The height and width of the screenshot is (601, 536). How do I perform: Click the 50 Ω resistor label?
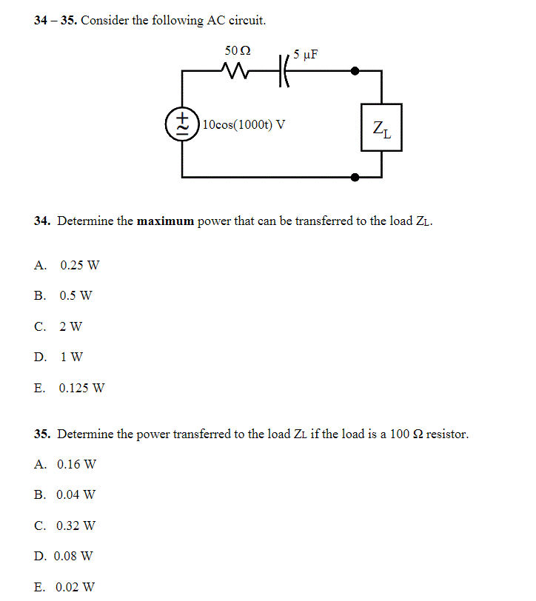[237, 51]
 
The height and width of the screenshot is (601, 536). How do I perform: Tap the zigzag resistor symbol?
[237, 72]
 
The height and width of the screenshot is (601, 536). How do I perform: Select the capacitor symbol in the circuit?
[283, 72]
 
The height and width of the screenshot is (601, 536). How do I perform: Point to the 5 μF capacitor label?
[306, 54]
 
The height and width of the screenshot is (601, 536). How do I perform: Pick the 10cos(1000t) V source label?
[244, 124]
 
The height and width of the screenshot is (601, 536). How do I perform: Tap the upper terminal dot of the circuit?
[355, 72]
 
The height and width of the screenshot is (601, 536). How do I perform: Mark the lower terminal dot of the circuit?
[355, 177]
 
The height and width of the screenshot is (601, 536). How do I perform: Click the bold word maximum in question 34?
[165, 221]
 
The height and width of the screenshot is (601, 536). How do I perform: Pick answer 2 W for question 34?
[71, 326]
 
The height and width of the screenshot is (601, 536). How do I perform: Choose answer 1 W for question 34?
[71, 357]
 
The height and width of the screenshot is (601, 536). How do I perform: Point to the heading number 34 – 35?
[56, 20]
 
